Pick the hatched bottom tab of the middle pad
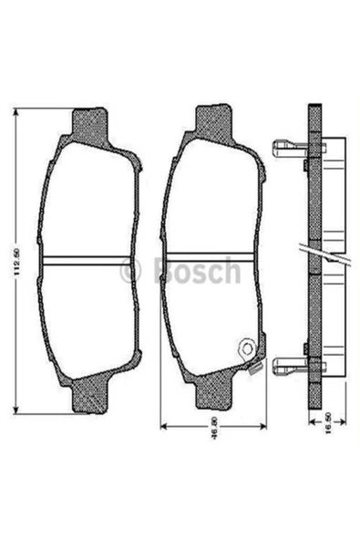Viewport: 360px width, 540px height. [x=215, y=399]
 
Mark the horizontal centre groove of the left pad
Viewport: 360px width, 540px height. [x=88, y=260]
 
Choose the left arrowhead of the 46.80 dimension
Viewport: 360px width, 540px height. [x=162, y=426]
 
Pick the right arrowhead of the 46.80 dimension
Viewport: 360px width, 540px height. [x=265, y=426]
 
